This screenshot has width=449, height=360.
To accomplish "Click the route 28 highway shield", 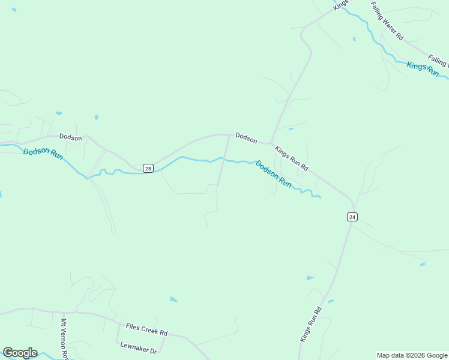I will (x=148, y=169).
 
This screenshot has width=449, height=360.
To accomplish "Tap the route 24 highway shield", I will (x=352, y=217).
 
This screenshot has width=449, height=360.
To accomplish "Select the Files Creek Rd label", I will (x=146, y=329).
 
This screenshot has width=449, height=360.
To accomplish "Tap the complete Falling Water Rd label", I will (x=387, y=20).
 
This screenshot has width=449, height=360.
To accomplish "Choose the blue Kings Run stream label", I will (x=423, y=68).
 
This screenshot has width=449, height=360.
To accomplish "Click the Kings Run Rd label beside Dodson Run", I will (x=291, y=158).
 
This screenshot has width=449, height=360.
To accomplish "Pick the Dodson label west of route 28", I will (x=70, y=137).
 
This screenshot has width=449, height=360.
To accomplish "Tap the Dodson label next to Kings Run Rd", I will (x=246, y=137).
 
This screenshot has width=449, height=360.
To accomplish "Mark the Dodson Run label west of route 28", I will (x=43, y=155).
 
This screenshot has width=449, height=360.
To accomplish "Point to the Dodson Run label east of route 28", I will (x=274, y=174).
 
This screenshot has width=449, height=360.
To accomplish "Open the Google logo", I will (x=20, y=352).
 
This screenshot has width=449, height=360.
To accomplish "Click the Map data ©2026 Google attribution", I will (x=412, y=355).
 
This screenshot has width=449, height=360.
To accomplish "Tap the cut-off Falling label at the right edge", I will (x=439, y=61).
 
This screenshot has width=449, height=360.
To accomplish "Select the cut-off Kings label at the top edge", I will (x=341, y=4).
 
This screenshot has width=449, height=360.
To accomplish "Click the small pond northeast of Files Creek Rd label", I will (x=173, y=299).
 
